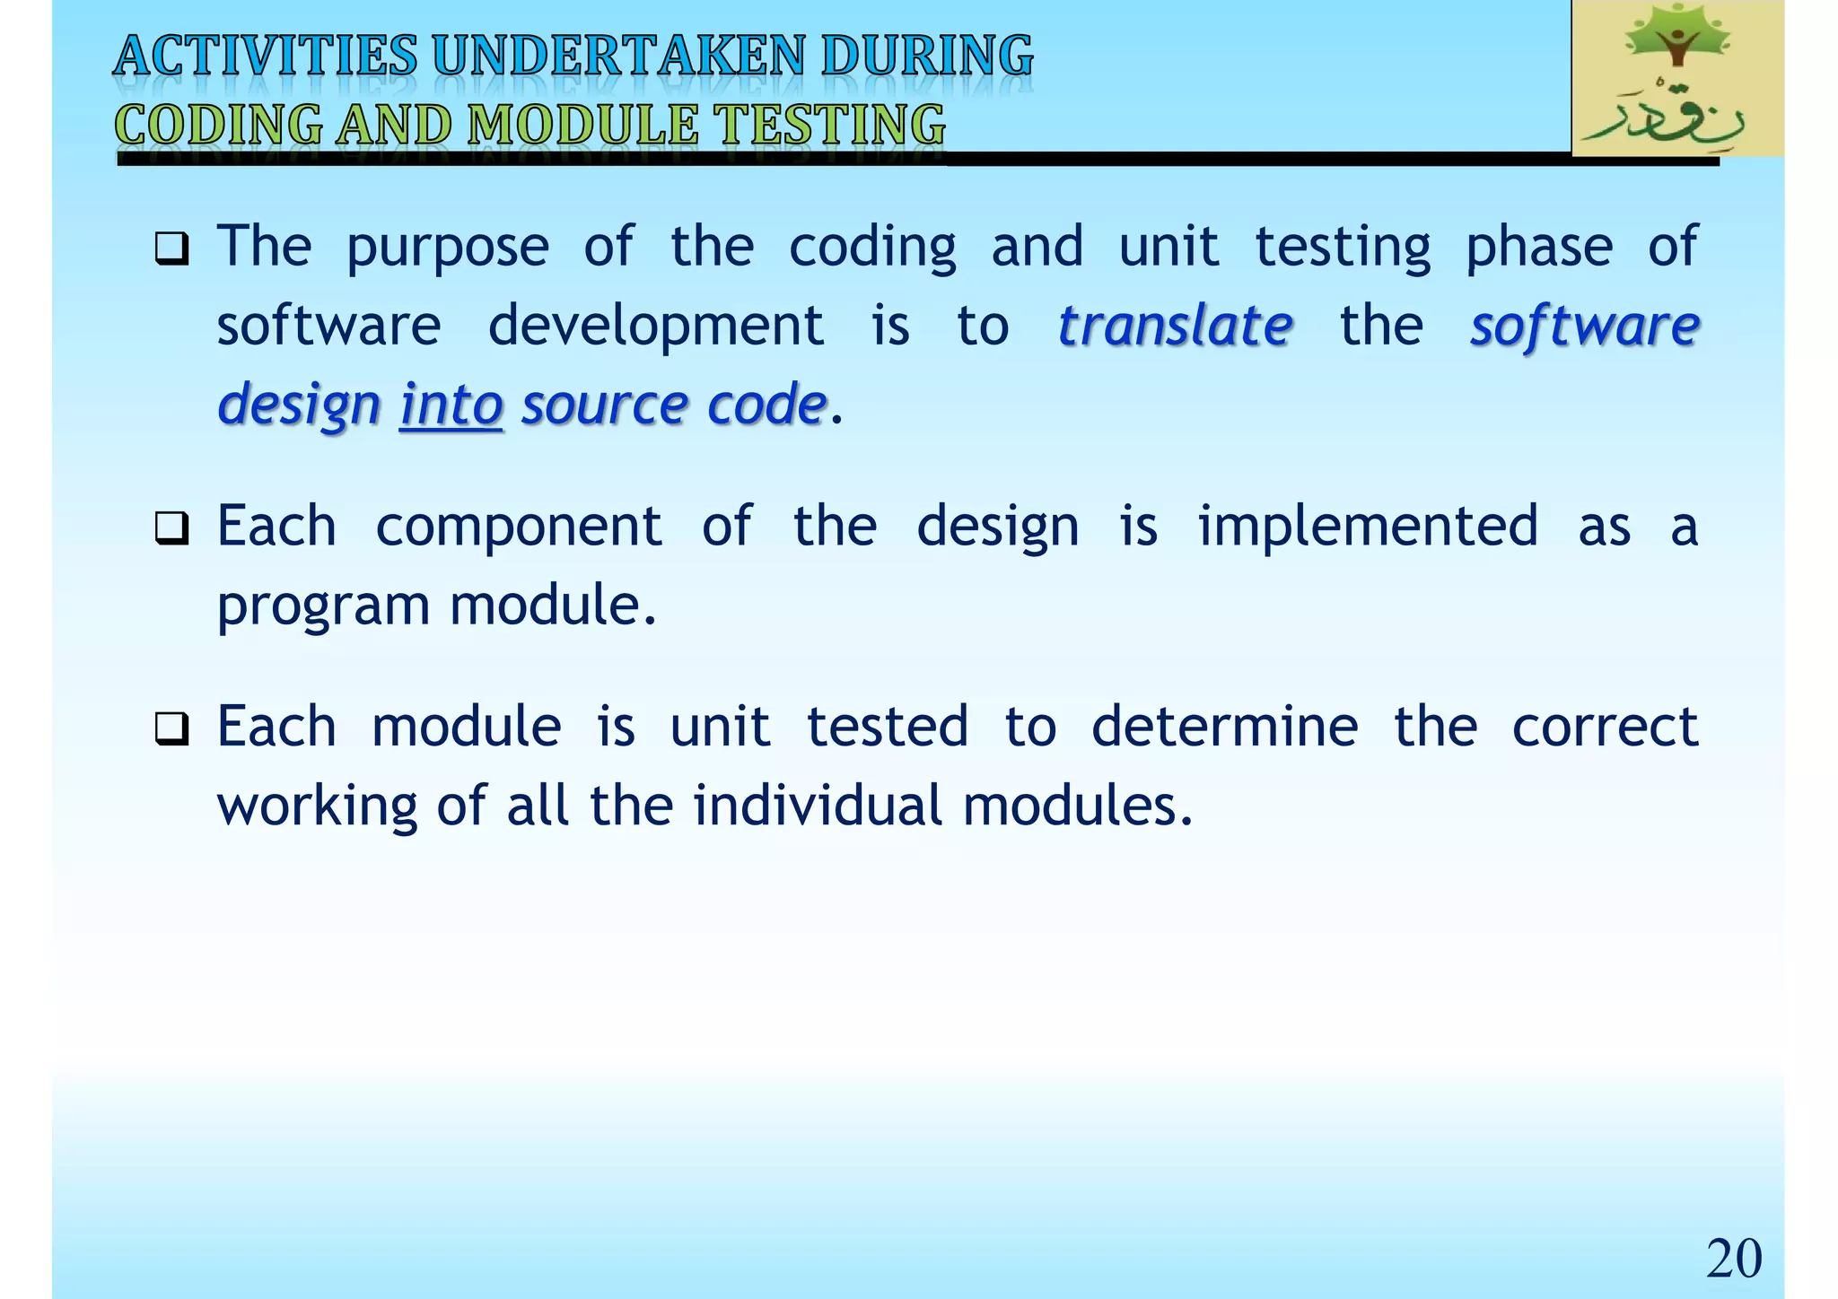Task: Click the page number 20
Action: (x=1733, y=1258)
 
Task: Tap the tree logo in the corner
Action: (x=1676, y=78)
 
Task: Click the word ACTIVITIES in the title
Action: (x=266, y=56)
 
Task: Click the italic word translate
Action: (x=1175, y=325)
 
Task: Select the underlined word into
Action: (x=451, y=405)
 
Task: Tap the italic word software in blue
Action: (x=1584, y=325)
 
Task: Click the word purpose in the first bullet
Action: (x=447, y=248)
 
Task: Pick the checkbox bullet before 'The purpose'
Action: (x=171, y=248)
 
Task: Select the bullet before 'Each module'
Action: (x=171, y=728)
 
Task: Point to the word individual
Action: (x=818, y=805)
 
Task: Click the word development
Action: (x=655, y=325)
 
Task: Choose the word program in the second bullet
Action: (x=323, y=606)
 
